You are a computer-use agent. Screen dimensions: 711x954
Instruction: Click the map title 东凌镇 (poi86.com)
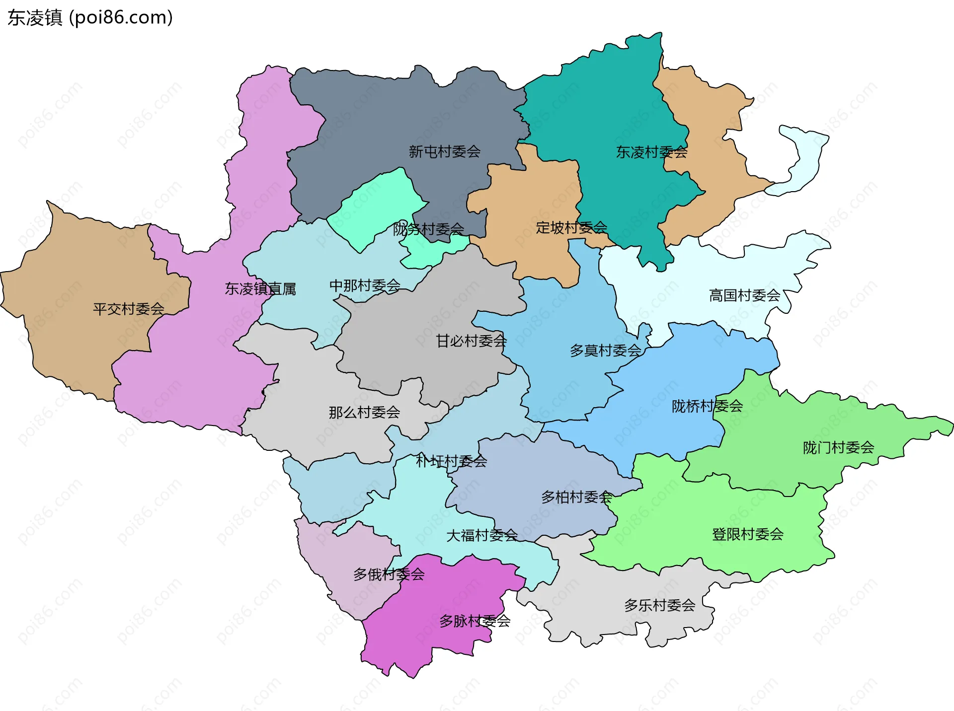coord(90,18)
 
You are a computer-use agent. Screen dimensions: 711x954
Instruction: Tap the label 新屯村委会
coord(444,152)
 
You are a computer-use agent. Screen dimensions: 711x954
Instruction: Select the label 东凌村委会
coord(651,152)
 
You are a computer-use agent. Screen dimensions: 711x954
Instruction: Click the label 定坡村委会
coord(571,228)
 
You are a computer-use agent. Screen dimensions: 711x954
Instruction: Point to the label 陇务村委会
coord(428,229)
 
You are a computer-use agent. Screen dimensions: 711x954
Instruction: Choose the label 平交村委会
coord(129,309)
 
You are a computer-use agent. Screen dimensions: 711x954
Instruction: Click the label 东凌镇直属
coord(260,289)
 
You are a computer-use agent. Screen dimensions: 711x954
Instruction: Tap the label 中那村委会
coord(365,286)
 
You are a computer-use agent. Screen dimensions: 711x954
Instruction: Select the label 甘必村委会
coord(471,341)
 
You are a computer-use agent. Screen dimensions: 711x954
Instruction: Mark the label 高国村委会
coord(744,296)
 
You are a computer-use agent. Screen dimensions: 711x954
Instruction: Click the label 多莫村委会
coord(605,351)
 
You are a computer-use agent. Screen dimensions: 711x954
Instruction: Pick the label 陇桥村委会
coord(707,407)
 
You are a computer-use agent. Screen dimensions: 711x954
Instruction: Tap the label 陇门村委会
coord(838,448)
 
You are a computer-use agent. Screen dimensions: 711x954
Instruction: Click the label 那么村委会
coord(364,413)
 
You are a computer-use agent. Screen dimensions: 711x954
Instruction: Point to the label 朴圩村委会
coord(451,462)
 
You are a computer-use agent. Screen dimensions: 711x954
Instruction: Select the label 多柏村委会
coord(576,497)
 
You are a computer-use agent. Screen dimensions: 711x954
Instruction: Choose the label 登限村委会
coord(747,535)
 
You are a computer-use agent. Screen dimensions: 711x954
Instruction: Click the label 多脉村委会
coord(475,621)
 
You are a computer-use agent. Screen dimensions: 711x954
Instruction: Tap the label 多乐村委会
coord(659,606)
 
